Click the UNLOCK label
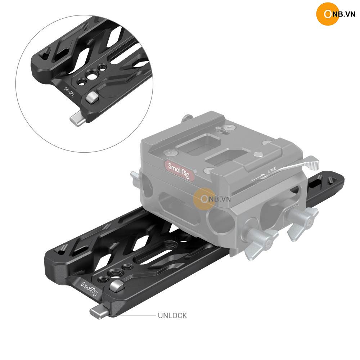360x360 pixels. (x=172, y=315)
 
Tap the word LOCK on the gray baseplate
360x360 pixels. (x=272, y=170)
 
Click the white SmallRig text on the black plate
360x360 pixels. (x=89, y=289)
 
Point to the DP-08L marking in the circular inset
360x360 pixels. (x=69, y=92)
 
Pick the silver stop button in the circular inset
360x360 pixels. (x=93, y=98)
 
